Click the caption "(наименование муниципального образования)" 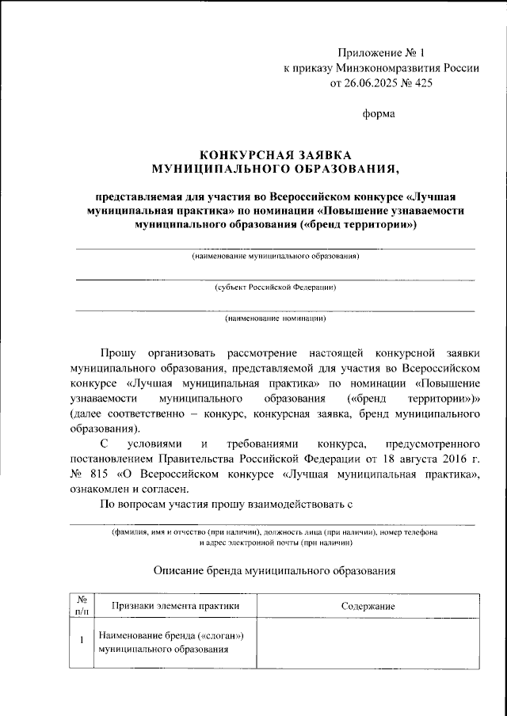[x=275, y=257]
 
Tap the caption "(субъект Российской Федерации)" [x=275, y=288]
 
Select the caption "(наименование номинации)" [x=275, y=319]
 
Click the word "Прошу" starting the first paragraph [x=118, y=353]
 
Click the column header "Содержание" [x=368, y=606]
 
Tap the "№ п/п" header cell [x=82, y=606]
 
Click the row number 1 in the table [x=82, y=643]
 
